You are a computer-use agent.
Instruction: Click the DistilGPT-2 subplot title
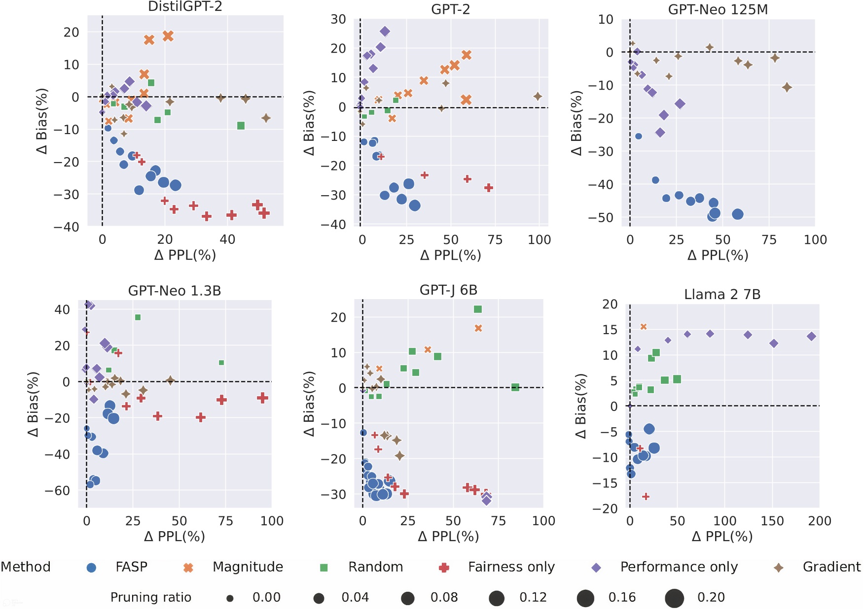(x=185, y=6)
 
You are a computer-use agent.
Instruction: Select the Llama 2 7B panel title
(x=722, y=295)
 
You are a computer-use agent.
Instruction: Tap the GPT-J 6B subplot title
(x=448, y=290)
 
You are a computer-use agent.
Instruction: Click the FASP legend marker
(x=91, y=568)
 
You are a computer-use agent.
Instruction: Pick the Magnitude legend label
(x=248, y=567)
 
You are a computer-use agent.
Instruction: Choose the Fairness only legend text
(x=511, y=567)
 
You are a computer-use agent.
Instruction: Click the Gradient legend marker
(x=779, y=568)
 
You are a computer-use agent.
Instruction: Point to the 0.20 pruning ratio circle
(x=674, y=598)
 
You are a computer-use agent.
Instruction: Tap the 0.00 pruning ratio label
(x=266, y=598)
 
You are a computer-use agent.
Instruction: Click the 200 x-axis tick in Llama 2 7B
(x=819, y=521)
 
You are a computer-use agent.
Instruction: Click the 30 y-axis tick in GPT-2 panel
(x=338, y=19)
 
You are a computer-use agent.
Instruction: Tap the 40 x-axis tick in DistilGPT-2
(x=227, y=239)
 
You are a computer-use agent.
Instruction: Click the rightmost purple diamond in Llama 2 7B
(x=811, y=337)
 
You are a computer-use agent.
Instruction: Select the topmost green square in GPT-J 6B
(x=477, y=309)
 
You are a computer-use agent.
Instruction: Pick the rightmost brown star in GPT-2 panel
(x=538, y=97)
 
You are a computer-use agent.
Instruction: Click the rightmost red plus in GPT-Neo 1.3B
(x=262, y=398)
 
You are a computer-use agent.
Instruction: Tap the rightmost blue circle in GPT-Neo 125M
(x=737, y=214)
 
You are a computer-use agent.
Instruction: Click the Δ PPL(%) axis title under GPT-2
(x=450, y=255)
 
